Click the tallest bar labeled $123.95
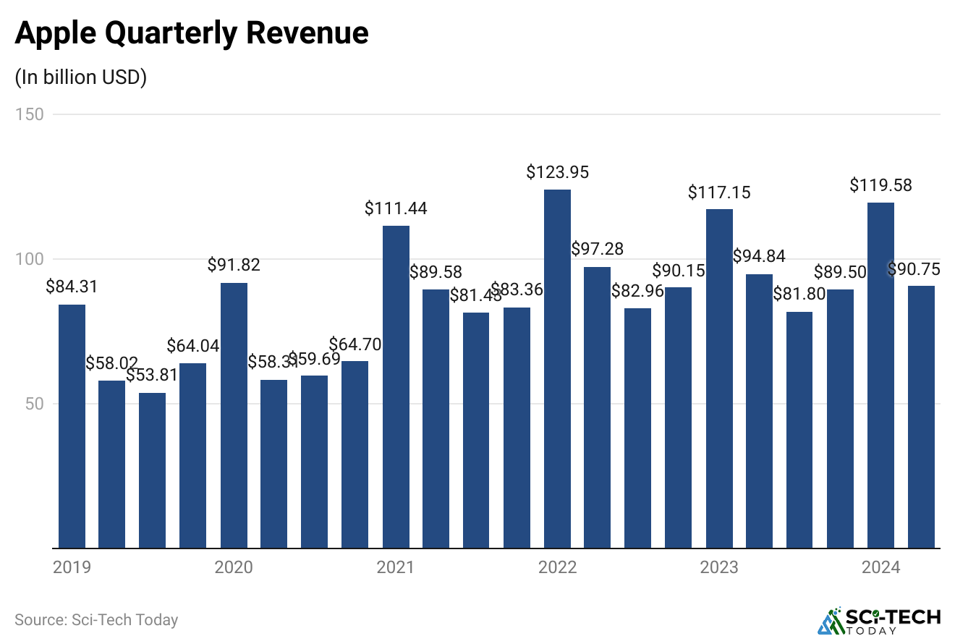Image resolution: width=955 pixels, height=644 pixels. [x=557, y=369]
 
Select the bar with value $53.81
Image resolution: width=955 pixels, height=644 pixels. [x=153, y=470]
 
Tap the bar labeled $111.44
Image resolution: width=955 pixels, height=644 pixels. [x=396, y=387]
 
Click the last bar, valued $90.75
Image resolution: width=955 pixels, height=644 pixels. [x=921, y=417]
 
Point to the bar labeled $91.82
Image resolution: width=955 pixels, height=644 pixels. [x=234, y=415]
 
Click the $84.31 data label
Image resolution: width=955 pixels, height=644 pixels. [x=72, y=287]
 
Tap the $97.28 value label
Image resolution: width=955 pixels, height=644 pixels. [x=597, y=249]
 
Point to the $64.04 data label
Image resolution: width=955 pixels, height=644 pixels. [x=193, y=346]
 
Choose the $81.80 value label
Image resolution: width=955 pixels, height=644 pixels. [x=799, y=295]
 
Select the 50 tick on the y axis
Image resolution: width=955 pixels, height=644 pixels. [x=34, y=404]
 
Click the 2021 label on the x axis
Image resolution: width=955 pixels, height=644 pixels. [x=396, y=567]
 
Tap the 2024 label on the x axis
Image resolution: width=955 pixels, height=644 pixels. [x=880, y=567]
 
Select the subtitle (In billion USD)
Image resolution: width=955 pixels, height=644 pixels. [x=80, y=77]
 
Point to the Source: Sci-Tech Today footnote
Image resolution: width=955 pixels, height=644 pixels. [x=96, y=620]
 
